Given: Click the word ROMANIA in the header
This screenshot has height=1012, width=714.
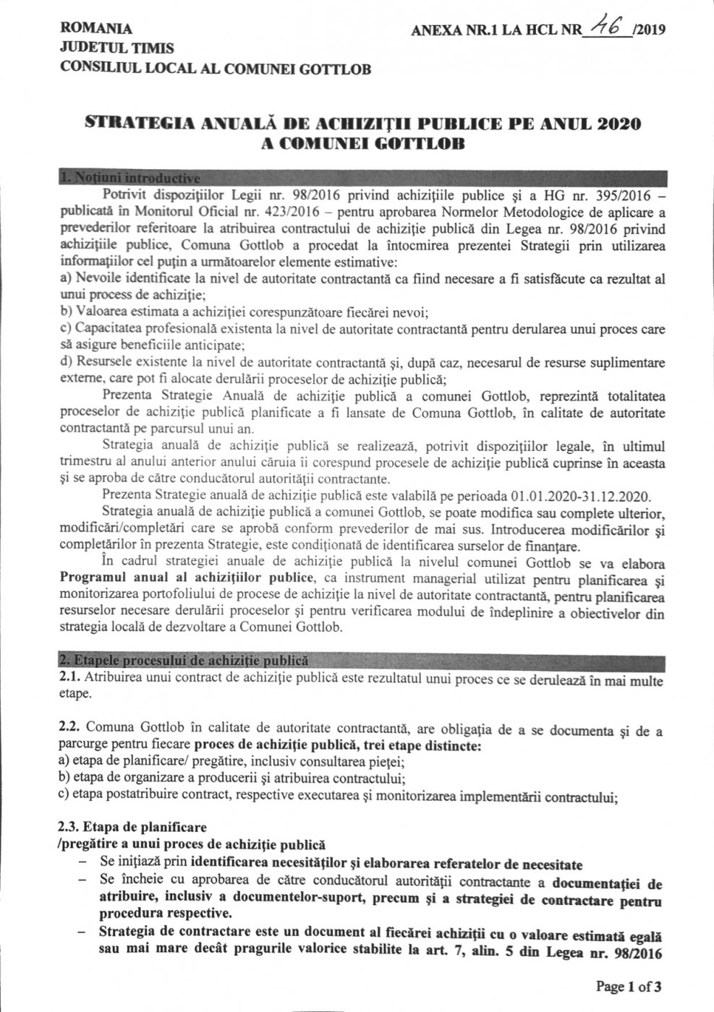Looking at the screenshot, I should pyautogui.click(x=97, y=29).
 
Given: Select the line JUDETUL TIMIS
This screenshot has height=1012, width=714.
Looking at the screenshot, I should pyautogui.click(x=117, y=48).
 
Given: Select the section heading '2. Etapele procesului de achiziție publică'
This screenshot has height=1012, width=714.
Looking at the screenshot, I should pyautogui.click(x=184, y=660).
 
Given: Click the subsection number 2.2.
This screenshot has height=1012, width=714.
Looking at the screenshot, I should pyautogui.click(x=70, y=730).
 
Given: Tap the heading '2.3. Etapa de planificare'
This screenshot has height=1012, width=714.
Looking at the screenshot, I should pyautogui.click(x=133, y=827).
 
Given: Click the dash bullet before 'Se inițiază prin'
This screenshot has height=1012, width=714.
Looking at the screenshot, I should pyautogui.click(x=85, y=862).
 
